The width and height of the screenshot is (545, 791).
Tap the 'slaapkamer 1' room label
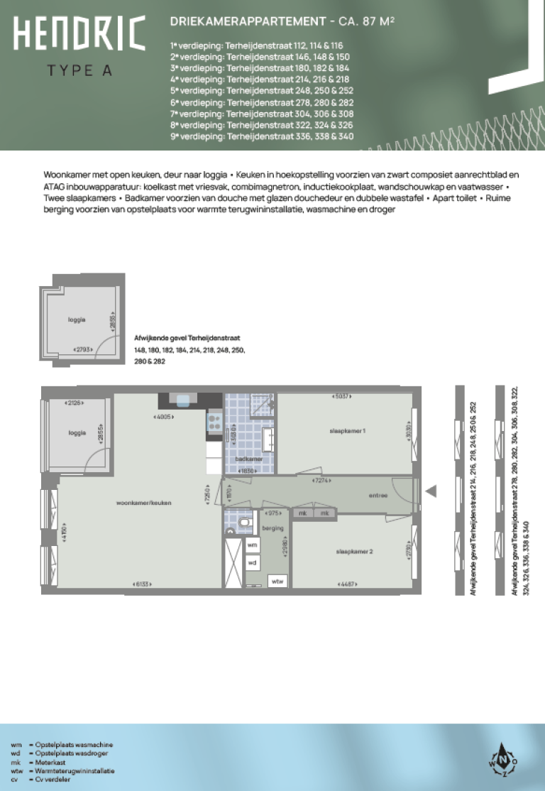click(x=347, y=432)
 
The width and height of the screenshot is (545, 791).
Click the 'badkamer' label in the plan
click(x=248, y=459)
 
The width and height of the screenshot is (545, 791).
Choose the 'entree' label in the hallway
click(x=378, y=496)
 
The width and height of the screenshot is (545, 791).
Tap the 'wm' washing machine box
click(x=252, y=545)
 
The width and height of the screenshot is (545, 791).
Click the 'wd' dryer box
click(x=252, y=562)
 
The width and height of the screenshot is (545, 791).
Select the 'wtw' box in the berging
click(x=277, y=581)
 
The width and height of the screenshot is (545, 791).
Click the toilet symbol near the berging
click(x=245, y=524)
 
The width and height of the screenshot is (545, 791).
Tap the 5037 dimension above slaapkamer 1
click(x=343, y=397)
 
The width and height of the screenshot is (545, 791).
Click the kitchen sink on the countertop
click(x=184, y=400)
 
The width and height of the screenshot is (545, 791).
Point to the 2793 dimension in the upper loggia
click(x=84, y=349)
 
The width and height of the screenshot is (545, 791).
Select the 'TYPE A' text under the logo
click(x=79, y=70)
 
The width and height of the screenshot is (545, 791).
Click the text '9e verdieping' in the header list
click(x=196, y=136)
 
